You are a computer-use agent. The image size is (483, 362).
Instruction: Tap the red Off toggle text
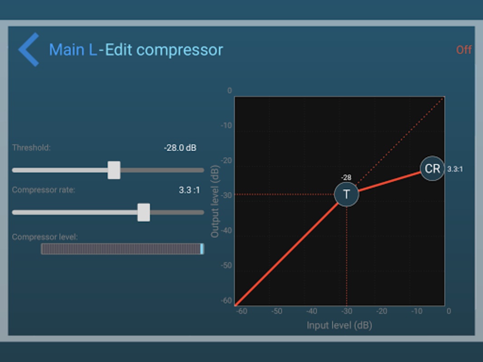coord(464,50)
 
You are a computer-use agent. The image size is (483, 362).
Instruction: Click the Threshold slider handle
coord(114,170)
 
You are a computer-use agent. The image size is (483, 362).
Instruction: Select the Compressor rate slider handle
coord(143,212)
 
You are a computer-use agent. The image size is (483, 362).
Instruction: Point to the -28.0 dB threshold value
coord(180,148)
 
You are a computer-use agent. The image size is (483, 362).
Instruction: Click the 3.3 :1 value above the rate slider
coord(189,190)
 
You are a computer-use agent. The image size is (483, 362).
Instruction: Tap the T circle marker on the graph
coord(347,194)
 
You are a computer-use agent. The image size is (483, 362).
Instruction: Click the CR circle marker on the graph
coord(432,168)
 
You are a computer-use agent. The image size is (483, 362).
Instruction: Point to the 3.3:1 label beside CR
coord(455,169)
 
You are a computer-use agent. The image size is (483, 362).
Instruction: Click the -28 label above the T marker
coord(346,178)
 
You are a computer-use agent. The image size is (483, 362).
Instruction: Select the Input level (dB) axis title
coord(340,325)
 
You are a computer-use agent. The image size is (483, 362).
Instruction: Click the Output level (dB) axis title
coord(215,201)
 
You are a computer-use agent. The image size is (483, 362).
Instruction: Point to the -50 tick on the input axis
coord(277,311)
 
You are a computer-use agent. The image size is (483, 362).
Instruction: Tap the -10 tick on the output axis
coord(226,126)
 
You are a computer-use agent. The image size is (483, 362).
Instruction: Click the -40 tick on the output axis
coord(226,231)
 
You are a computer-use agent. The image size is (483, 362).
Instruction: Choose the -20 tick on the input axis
coord(382,311)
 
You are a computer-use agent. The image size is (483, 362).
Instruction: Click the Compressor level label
coord(45,237)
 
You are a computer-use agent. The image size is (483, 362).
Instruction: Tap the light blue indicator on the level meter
coord(202,249)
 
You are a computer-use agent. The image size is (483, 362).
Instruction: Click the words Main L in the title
coord(73,50)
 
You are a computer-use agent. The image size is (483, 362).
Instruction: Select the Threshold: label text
coord(31,148)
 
